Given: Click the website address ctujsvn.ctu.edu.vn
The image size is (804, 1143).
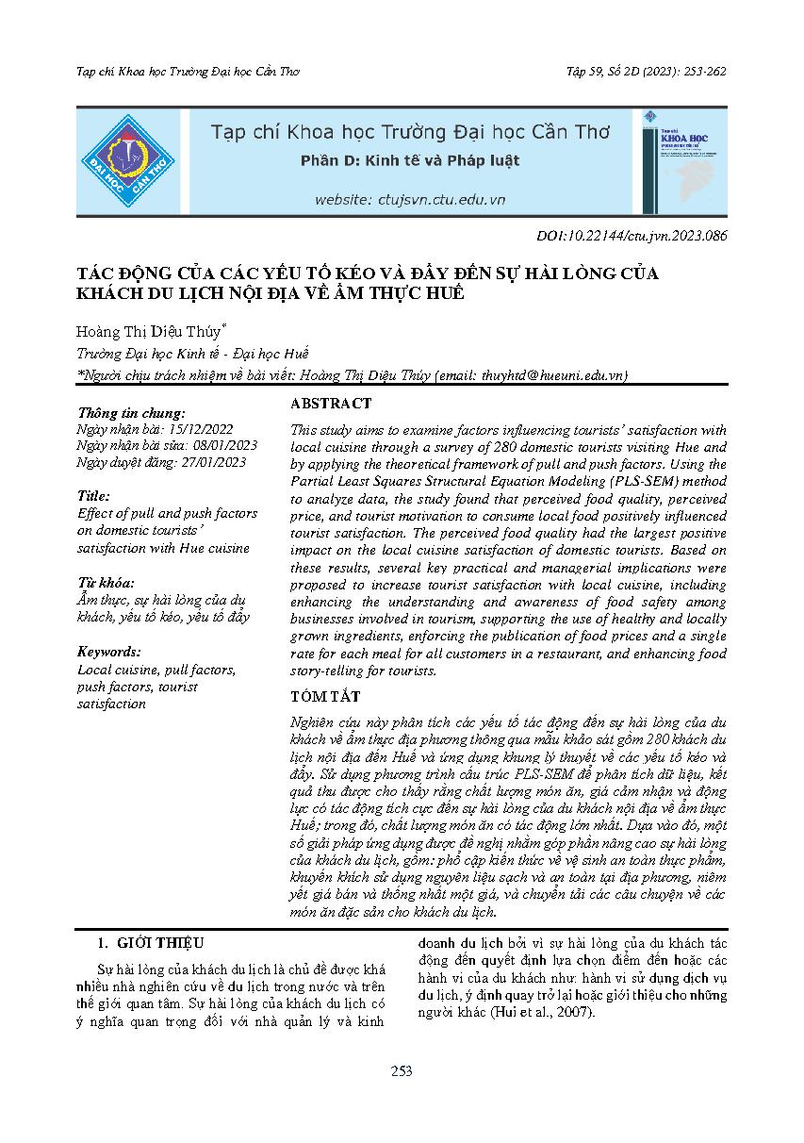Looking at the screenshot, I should tap(410, 200).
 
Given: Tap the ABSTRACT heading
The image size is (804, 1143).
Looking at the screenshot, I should tap(331, 404).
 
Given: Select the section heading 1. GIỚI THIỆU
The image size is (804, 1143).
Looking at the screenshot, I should tap(151, 942).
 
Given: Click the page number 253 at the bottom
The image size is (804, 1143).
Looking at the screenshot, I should tap(402, 1070).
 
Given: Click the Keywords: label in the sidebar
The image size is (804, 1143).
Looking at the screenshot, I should tap(109, 652).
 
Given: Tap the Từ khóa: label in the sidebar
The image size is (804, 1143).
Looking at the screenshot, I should tap(106, 582).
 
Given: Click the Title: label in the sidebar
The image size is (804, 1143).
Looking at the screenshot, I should tap(93, 496).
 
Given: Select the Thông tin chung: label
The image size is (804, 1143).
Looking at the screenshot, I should tap(131, 412).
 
